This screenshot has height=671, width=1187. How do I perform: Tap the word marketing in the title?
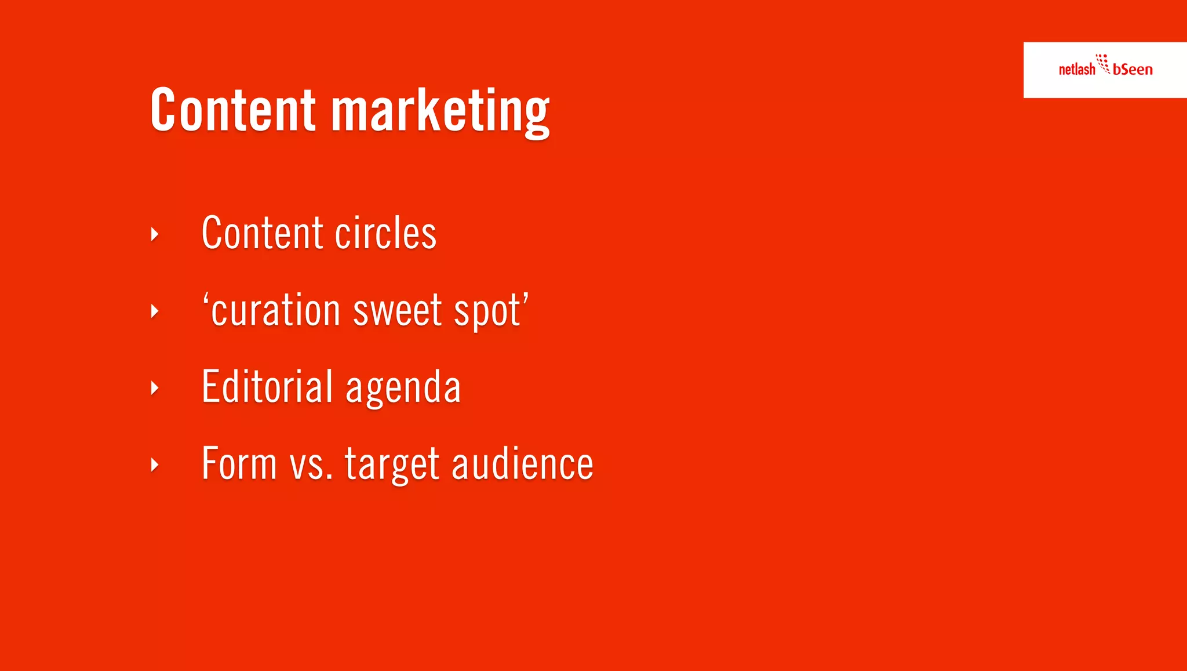(440, 111)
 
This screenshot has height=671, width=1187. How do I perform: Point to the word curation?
(275, 310)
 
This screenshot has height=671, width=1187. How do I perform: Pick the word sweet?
(398, 310)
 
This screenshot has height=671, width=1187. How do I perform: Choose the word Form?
(239, 463)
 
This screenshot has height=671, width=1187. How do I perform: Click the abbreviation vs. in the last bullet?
(311, 465)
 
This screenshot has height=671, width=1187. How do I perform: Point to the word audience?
(522, 464)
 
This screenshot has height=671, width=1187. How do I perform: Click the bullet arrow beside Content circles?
(155, 234)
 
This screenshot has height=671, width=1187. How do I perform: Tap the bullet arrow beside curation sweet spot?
(155, 311)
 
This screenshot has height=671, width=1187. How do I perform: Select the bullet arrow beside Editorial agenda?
(155, 388)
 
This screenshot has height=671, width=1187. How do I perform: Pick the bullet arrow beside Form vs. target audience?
(155, 465)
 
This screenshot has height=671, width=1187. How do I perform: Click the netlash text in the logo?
(1077, 70)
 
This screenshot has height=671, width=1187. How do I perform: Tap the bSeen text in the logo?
(1133, 70)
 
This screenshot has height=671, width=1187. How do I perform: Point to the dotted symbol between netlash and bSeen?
(1103, 63)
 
